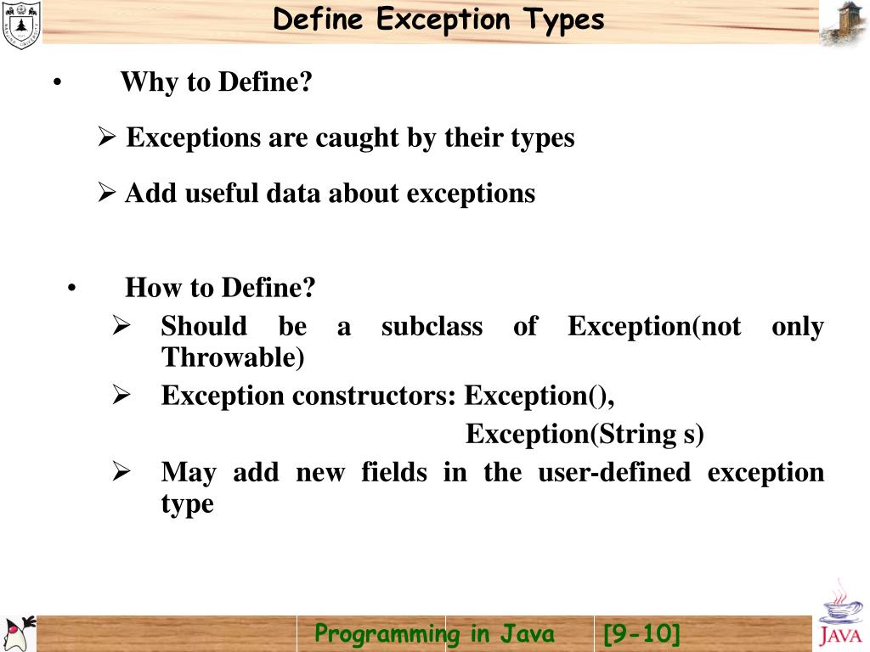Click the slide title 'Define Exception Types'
(x=438, y=20)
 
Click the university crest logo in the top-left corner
(x=20, y=24)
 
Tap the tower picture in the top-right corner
(x=843, y=23)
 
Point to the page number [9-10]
(x=641, y=634)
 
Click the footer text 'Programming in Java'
(x=434, y=634)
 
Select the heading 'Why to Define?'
(x=217, y=83)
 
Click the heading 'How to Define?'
(x=220, y=289)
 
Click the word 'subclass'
(x=432, y=326)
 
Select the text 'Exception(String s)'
(x=585, y=434)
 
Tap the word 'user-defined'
(x=614, y=472)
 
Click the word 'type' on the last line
(x=187, y=503)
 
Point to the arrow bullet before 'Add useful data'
(x=106, y=194)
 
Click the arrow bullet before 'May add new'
(x=121, y=472)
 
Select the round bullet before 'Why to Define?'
(x=56, y=84)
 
